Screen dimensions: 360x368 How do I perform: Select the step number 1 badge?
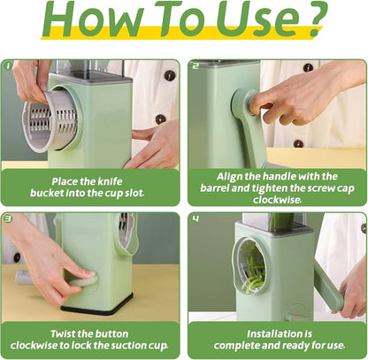tap(8, 65)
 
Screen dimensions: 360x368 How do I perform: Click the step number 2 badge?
tap(195, 65)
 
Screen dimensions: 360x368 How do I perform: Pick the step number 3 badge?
tap(8, 218)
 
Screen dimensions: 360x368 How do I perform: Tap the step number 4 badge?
tap(195, 218)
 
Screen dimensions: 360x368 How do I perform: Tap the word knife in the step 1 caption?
tap(110, 180)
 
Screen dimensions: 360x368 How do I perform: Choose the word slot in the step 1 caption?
tap(131, 193)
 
